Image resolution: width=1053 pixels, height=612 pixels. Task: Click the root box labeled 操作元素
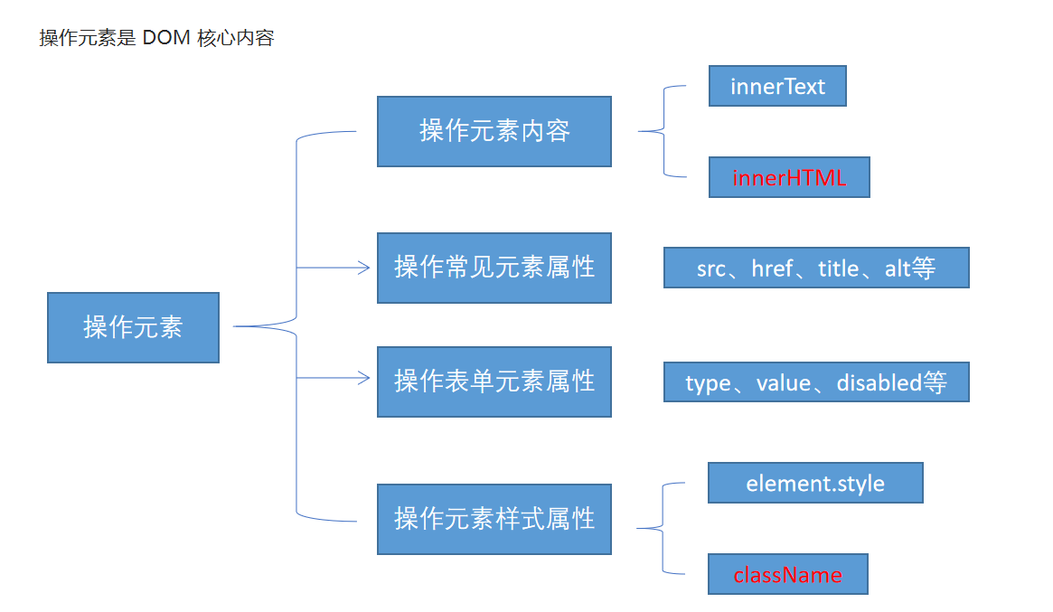133,327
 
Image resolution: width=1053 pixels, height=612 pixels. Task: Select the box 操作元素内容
494,131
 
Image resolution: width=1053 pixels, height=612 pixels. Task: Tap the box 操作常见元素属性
494,268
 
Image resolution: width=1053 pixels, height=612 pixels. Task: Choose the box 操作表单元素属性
494,381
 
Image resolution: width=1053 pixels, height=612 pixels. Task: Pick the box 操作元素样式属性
494,519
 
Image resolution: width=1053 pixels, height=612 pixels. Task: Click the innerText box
777,86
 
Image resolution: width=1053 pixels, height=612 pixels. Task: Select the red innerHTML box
789,177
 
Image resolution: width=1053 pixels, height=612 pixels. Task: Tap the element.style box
815,483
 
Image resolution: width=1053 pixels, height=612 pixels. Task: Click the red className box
787,574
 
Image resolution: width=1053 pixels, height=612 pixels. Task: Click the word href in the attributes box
772,268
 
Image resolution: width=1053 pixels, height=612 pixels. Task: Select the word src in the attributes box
710,268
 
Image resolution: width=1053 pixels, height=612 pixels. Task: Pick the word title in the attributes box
838,268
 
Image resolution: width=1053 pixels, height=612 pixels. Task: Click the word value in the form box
783,382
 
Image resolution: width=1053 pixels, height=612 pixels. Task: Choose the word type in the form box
707,382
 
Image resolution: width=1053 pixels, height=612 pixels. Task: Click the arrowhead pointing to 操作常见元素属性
364,268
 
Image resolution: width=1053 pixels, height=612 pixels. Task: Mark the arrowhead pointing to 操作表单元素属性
364,379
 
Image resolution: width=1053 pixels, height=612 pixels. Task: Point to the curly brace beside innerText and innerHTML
664,131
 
